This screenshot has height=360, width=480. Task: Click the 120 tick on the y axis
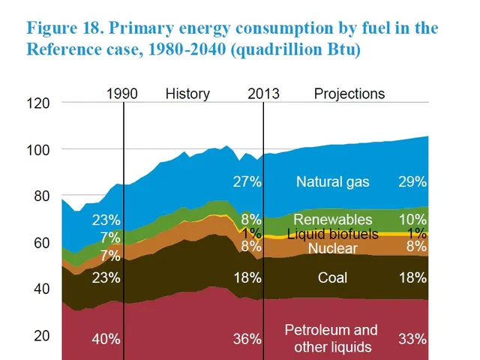coord(39,103)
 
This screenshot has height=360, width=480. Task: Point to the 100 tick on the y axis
coord(39,150)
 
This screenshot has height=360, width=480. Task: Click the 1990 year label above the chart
coord(122,94)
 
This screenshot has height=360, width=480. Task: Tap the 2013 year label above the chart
coord(263,94)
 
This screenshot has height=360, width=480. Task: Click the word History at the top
coord(187,94)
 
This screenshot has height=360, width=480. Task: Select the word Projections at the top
coord(349,94)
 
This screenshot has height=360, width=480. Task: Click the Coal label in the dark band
coord(332,277)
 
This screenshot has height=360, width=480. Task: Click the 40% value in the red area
coord(106,339)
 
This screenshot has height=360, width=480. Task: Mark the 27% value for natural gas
coord(246,181)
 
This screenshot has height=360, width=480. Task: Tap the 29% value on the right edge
coord(412,181)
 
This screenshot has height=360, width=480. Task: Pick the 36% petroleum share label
coord(246,339)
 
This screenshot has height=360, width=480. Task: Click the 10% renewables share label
coord(412,219)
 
